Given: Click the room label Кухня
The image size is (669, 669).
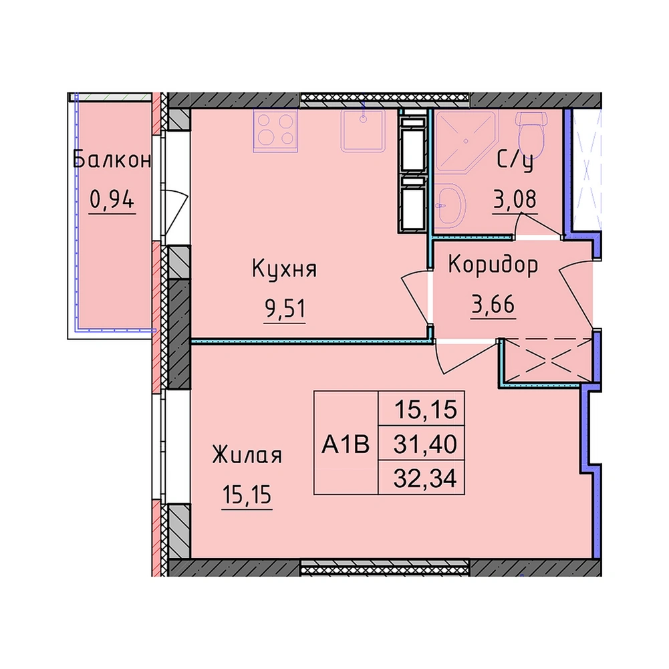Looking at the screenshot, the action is (x=285, y=269).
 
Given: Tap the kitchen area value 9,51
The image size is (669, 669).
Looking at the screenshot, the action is (x=285, y=309).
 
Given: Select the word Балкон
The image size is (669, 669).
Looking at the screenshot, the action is (x=112, y=160).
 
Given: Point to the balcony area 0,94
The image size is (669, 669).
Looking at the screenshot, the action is (x=112, y=198).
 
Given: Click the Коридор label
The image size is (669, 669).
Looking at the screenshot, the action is (x=493, y=265).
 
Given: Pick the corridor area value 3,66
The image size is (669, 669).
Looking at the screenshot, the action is (x=493, y=305).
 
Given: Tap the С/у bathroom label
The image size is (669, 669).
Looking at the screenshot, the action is (x=515, y=161).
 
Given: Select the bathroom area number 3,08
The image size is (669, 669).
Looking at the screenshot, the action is (x=515, y=199).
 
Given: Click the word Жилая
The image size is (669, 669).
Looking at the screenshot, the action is (x=247, y=455).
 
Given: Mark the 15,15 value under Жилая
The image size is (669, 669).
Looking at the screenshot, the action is (x=247, y=495).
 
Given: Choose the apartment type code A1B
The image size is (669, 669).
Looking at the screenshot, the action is (x=346, y=445).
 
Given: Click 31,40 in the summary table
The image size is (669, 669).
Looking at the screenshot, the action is (x=425, y=444).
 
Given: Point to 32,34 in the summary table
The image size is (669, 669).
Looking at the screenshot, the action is (x=425, y=479).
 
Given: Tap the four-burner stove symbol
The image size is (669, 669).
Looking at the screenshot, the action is (x=275, y=130).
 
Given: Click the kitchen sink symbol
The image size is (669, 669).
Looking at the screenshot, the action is (x=363, y=130).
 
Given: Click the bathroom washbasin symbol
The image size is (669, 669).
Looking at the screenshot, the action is (x=450, y=206).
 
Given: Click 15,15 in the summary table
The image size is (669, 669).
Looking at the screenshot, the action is (x=426, y=410).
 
